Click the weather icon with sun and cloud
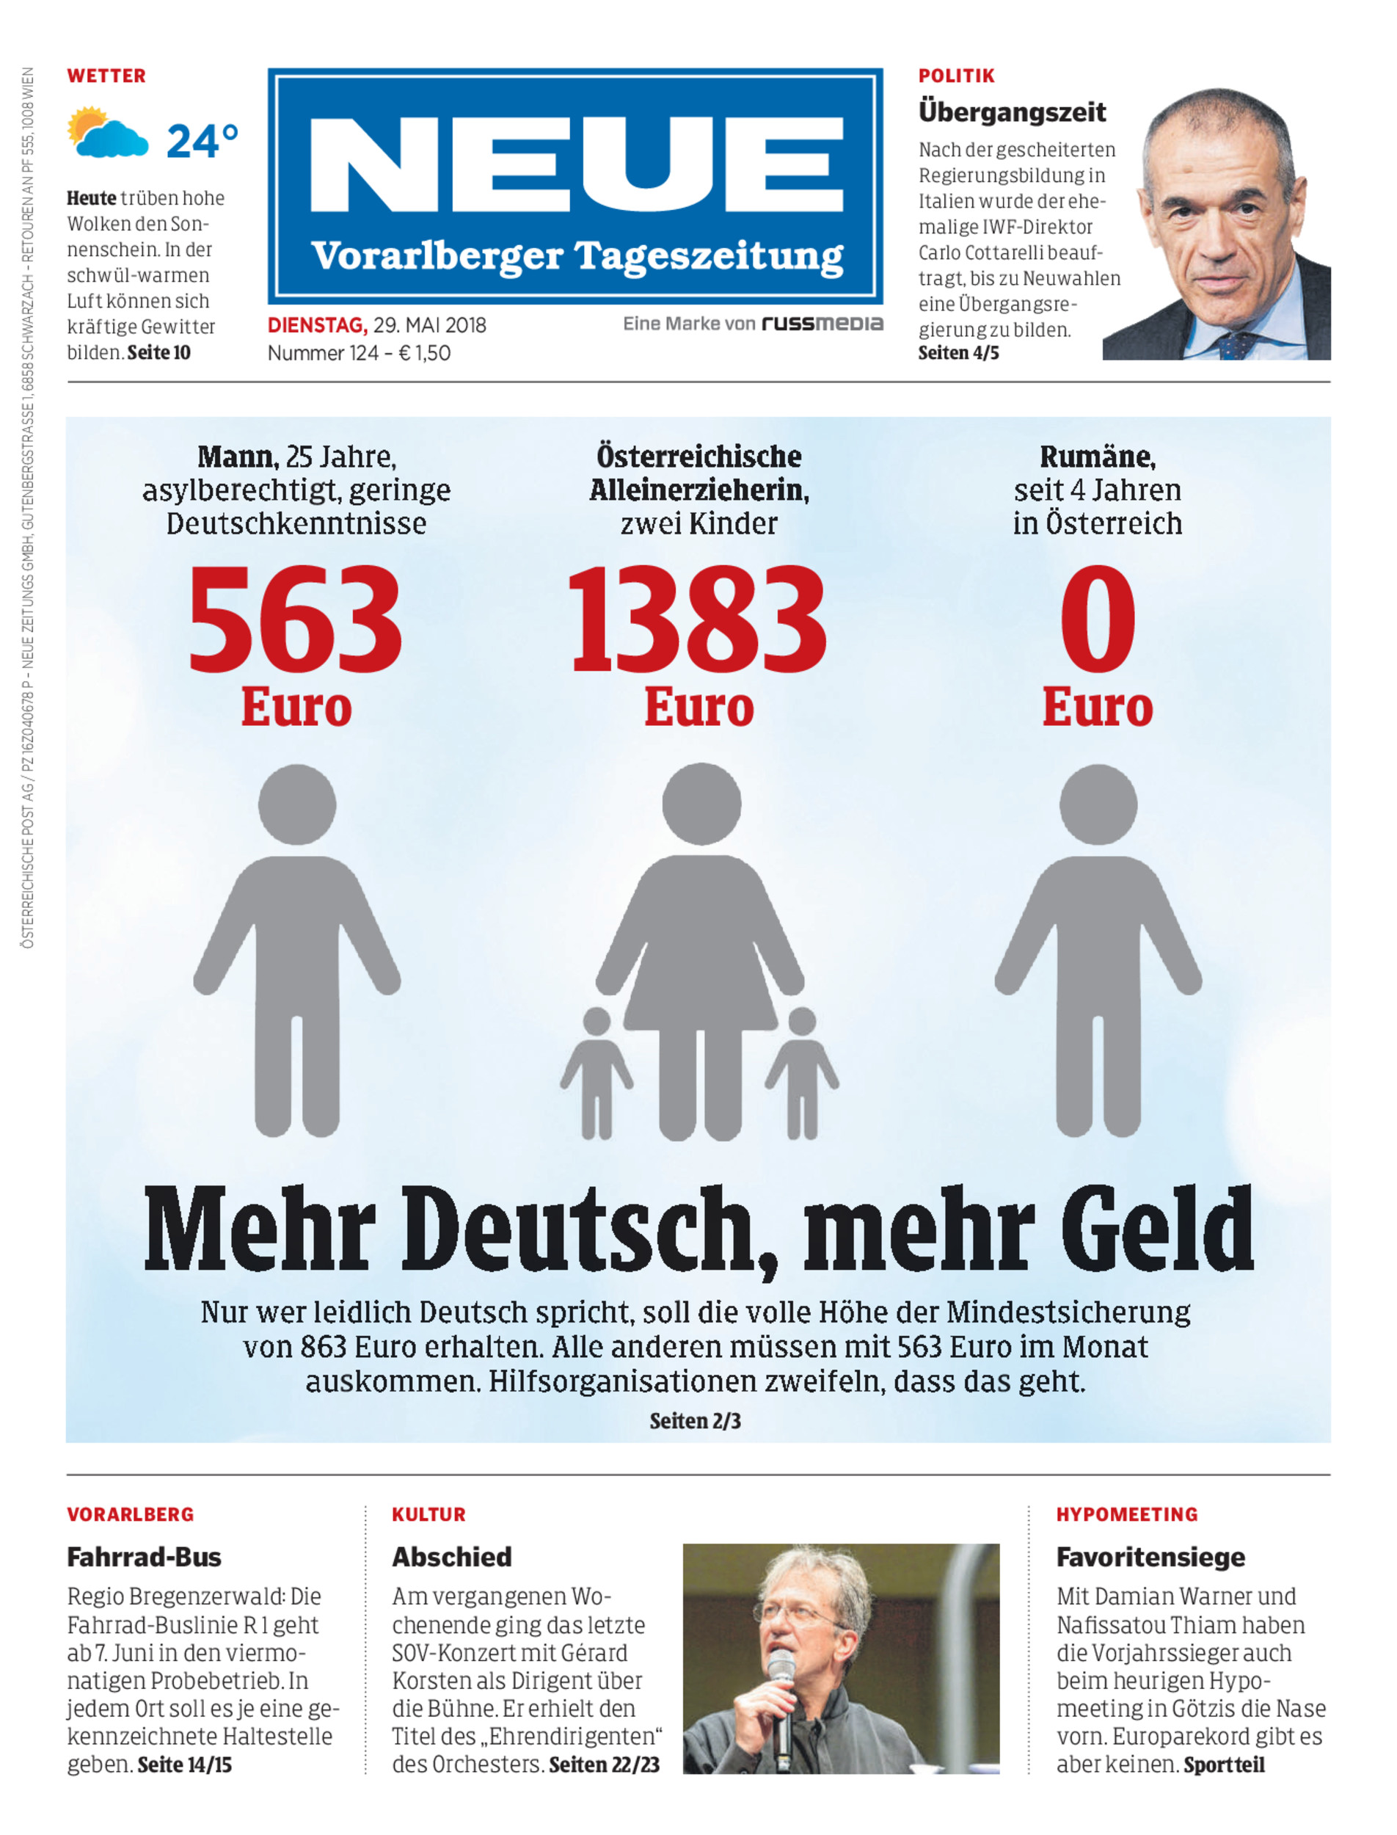[106, 133]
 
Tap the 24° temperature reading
[202, 142]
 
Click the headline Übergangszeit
[1011, 112]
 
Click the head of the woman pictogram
[701, 804]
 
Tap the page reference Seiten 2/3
[695, 1421]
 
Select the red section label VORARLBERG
[131, 1515]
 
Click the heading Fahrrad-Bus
[144, 1557]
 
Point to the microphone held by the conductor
[781, 1697]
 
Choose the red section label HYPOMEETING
[1127, 1515]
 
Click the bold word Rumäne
[1097, 457]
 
